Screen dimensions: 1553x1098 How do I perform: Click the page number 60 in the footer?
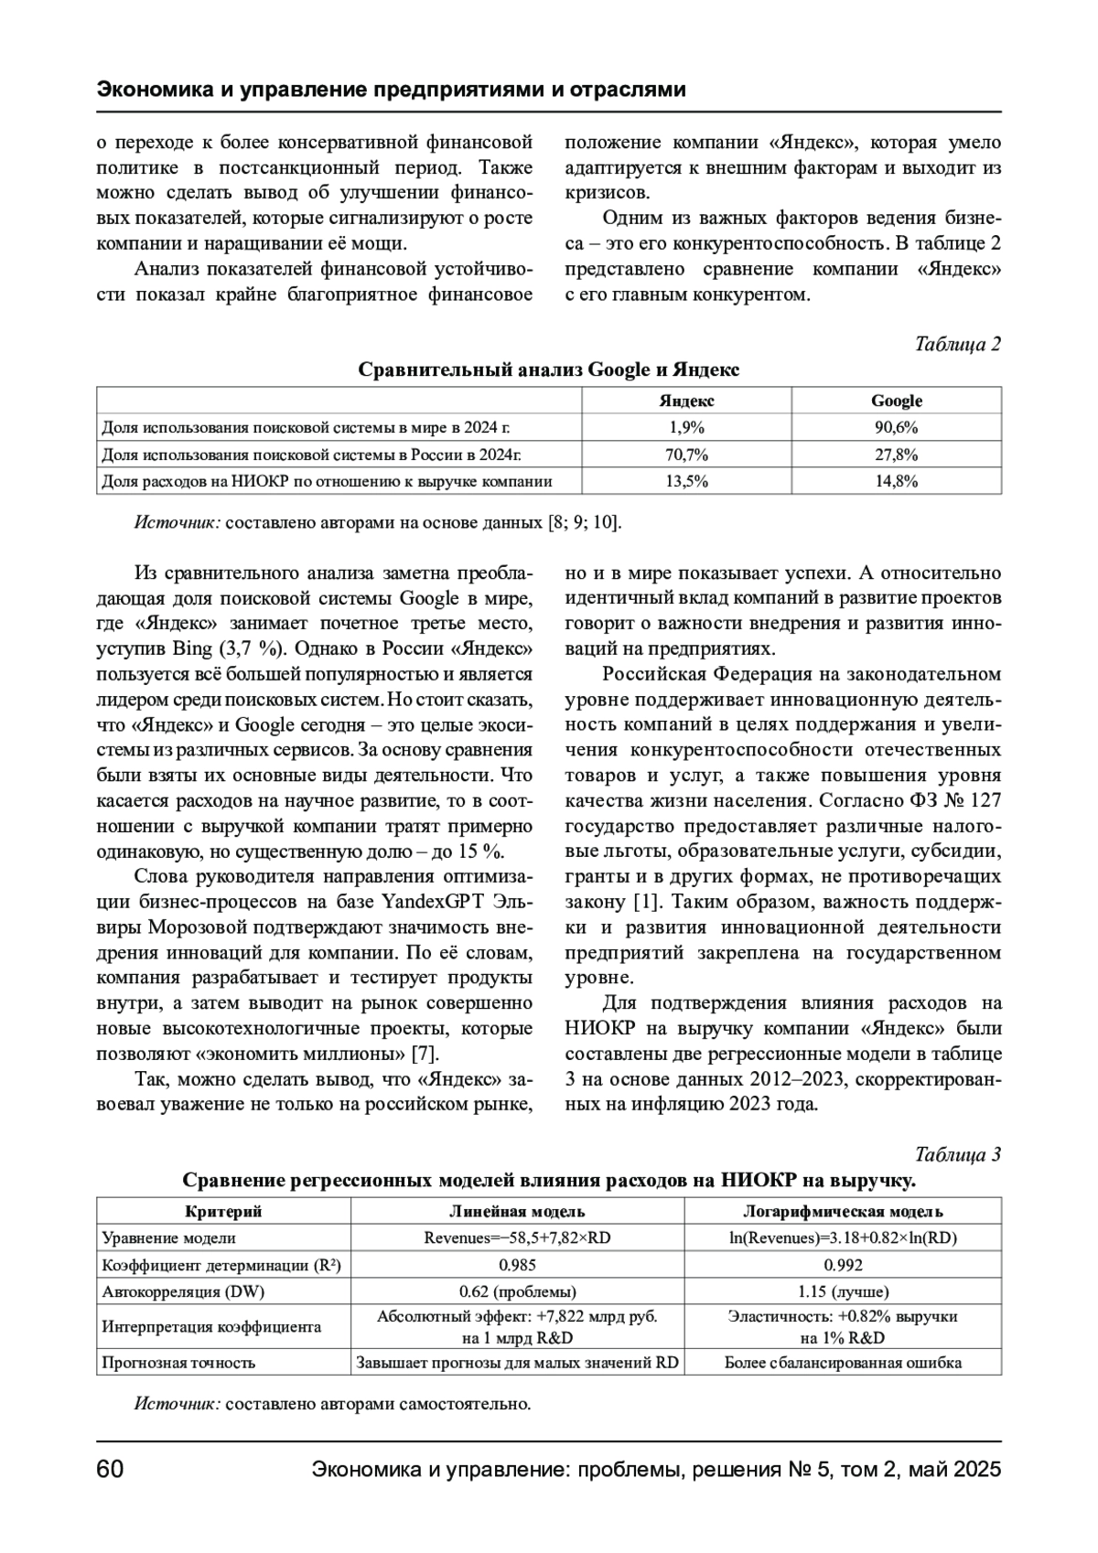110,1470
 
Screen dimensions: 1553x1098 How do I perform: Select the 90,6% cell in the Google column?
896,427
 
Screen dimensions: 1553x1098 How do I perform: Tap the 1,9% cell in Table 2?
686,427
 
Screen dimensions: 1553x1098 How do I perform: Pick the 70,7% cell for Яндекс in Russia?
686,455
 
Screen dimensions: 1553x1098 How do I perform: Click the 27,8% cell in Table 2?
896,455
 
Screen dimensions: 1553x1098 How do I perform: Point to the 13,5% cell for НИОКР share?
686,481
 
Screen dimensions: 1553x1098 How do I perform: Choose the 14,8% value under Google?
896,481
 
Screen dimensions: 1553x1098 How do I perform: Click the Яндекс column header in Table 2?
686,401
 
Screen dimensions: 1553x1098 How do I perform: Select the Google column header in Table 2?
896,401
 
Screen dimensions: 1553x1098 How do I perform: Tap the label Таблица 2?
957,344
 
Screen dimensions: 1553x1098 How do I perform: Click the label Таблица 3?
957,1154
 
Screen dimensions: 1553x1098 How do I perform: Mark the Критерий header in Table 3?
223,1212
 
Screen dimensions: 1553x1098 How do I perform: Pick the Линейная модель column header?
517,1212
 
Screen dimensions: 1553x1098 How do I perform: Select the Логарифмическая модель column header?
843,1212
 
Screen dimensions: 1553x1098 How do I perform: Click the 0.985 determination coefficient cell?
517,1266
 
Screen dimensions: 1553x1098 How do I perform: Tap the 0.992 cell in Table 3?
843,1266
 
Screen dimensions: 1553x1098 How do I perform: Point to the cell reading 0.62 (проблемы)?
517,1292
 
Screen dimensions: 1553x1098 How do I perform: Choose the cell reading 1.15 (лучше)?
843,1292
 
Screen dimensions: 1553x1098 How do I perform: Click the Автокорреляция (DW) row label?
175,1292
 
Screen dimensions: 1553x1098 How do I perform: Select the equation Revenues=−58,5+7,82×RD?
517,1238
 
